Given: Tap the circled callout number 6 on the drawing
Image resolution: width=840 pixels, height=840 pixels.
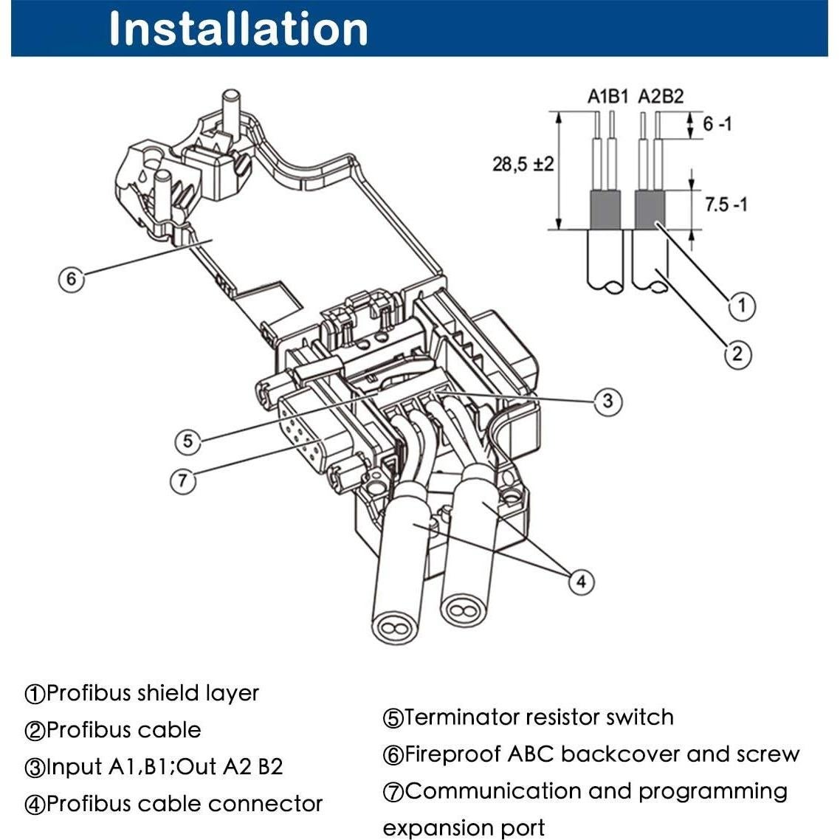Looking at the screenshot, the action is pyautogui.click(x=72, y=278).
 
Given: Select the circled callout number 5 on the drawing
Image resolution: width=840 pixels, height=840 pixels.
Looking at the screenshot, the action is pyautogui.click(x=187, y=441).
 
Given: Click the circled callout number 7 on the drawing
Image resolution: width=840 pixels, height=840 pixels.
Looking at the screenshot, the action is pyautogui.click(x=182, y=480).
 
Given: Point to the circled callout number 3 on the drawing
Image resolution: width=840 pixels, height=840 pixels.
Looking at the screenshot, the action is pyautogui.click(x=608, y=401).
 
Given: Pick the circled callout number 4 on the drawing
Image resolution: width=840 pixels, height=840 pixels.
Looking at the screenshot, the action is pyautogui.click(x=581, y=581).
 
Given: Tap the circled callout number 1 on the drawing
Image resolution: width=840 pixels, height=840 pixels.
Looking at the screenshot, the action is pyautogui.click(x=742, y=306).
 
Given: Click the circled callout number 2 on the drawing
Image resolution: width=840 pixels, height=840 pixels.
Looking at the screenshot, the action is pyautogui.click(x=737, y=354).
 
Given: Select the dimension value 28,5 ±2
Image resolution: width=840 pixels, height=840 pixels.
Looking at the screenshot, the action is pyautogui.click(x=523, y=164).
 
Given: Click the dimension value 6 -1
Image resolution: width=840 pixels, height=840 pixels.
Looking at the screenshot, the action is pyautogui.click(x=717, y=124).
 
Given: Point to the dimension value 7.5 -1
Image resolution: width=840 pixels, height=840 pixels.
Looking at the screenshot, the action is pyautogui.click(x=726, y=204).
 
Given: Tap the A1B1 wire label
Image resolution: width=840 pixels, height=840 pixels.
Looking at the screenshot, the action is pyautogui.click(x=607, y=97).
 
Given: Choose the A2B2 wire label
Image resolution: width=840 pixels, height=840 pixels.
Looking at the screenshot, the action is pyautogui.click(x=661, y=97).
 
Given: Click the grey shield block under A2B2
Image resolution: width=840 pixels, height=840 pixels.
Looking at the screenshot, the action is pyautogui.click(x=650, y=209).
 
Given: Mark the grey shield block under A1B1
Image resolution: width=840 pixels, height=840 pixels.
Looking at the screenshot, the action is pyautogui.click(x=605, y=209).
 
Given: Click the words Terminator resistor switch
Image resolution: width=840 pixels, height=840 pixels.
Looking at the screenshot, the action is pyautogui.click(x=538, y=717).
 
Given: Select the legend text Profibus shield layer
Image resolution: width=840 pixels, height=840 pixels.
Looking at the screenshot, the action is pyautogui.click(x=153, y=694).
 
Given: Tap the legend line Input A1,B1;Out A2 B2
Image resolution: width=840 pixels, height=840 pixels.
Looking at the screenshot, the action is pyautogui.click(x=165, y=767).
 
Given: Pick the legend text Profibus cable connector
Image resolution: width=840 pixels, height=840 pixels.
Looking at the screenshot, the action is pyautogui.click(x=185, y=804).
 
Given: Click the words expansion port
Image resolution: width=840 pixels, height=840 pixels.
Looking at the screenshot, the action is pyautogui.click(x=464, y=828).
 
